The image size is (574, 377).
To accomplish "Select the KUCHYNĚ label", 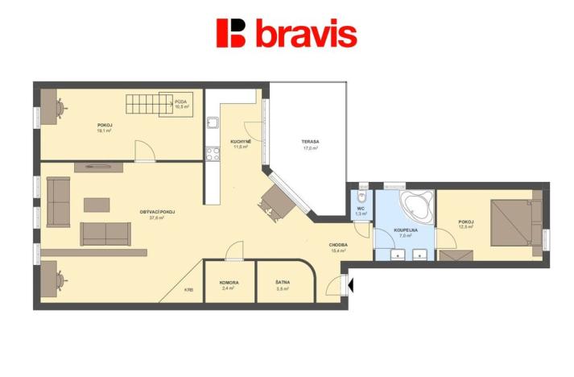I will pos(241,142).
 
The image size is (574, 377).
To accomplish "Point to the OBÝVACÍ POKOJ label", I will pos(157,212).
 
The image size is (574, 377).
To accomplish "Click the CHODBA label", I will pos(338,244).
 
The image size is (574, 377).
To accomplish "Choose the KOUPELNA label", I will pos(405,231).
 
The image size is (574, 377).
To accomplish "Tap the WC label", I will pos(361,209).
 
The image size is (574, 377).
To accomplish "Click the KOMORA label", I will pos(228,283).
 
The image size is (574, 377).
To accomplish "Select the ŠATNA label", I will pos(282,283).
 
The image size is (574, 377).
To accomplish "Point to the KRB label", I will pos(188,290).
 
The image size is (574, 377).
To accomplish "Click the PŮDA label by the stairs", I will pos(181,101).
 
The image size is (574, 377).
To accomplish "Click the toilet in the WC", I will pos(362,194).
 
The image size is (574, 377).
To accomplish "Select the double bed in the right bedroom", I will pos(512,222).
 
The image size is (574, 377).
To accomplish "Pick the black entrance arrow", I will pos(349,284).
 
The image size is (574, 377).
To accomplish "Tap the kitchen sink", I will pos(213,123).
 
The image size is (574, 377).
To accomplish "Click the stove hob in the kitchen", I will pos(213,152).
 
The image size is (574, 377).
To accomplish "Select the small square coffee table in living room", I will pos(96,205).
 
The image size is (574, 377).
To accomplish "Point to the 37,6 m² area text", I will pos(157,217).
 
